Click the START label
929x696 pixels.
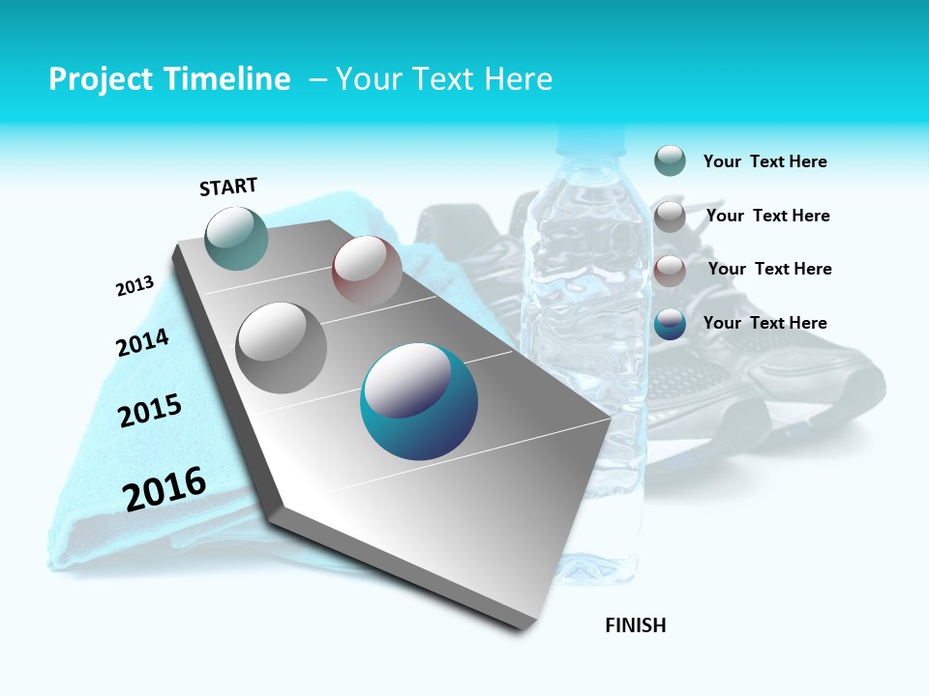coord(228,187)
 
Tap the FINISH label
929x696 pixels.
coord(636,625)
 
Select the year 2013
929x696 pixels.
coord(135,286)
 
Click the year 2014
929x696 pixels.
coord(142,343)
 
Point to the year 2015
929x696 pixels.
coord(150,411)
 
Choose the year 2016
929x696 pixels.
coord(165,488)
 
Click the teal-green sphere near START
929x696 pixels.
coord(237,238)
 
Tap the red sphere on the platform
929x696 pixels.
coord(367,270)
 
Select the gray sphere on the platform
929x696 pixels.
coord(282,347)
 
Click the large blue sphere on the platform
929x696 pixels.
coord(419,401)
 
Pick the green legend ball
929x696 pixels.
coord(670,160)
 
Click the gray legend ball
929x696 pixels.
coord(670,216)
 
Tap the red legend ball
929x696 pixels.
coord(670,270)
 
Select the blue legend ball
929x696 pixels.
coord(670,324)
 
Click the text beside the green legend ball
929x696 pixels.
coord(764,161)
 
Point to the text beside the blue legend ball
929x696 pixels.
coord(764,323)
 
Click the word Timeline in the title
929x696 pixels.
coord(227,79)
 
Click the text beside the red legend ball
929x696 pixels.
coord(769,269)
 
